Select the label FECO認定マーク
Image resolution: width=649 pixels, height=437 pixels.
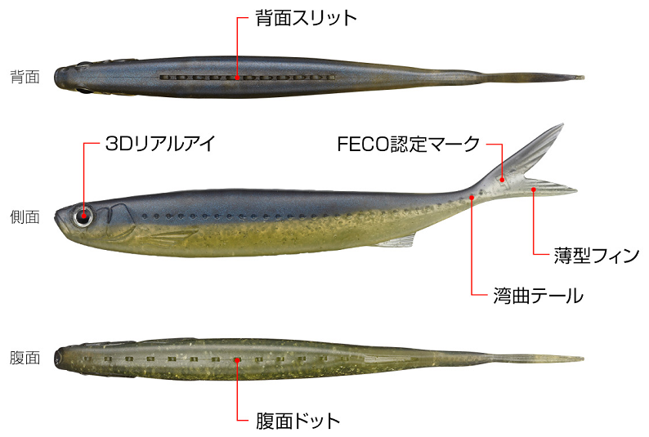408,145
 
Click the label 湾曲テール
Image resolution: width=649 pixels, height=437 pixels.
539,295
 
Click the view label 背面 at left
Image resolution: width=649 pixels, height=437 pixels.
25,78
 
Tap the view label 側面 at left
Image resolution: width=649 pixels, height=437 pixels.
25,216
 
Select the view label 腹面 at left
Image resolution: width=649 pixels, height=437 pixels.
25,357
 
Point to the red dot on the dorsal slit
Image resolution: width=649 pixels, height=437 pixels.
237,78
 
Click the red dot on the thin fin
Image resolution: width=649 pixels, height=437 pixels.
533,190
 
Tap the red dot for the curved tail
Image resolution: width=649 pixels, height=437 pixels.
472,197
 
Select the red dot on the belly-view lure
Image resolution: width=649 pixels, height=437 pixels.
237,359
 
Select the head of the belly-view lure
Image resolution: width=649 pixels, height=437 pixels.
65,358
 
